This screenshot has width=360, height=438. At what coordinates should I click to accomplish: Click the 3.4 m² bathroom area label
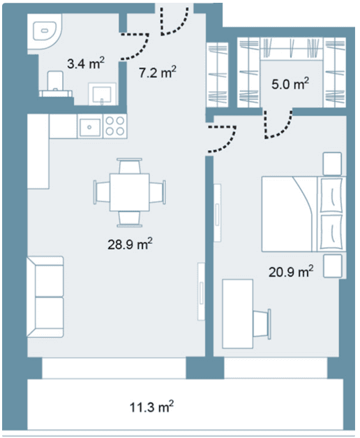pos(86,63)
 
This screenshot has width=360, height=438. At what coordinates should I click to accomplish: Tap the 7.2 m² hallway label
pos(158,73)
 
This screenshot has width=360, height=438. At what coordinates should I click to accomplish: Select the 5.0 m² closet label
pos(290,84)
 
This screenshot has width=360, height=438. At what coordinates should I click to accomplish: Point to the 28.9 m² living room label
pos(130,244)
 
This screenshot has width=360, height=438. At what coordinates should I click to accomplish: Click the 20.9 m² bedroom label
pos(291,271)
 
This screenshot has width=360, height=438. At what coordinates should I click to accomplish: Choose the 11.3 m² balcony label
pos(151,407)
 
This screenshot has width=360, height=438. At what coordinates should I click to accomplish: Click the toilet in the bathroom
pos(55,84)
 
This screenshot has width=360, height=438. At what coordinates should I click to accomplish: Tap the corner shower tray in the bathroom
pos(44,32)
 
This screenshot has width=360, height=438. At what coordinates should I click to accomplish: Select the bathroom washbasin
pos(103,94)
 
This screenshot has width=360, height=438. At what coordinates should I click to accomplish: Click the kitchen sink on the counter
pos(90,128)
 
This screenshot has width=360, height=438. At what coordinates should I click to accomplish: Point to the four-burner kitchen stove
pos(115,126)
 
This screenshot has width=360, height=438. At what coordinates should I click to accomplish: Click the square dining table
pos(129,192)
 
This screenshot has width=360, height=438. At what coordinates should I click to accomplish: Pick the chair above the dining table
pos(129,166)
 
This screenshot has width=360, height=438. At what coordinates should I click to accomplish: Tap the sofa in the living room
pos(45,297)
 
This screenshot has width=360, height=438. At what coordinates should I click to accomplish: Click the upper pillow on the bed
pos(332,195)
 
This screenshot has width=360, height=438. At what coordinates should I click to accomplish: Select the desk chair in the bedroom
pos(262,324)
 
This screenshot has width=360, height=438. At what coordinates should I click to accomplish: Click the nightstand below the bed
pos(333,266)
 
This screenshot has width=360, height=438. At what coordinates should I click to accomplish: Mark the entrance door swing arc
pos(175,22)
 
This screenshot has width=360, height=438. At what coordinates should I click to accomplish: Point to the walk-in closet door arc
pos(278,125)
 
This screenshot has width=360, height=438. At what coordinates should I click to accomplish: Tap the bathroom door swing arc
pos(135,47)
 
